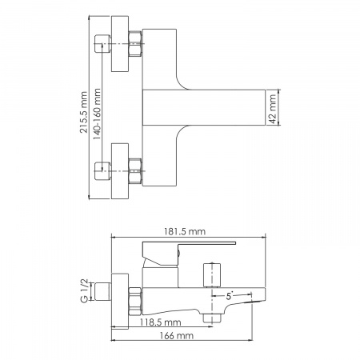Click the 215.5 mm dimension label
tap(84, 112)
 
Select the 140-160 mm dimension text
tap(97, 114)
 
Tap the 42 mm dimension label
tap(273, 109)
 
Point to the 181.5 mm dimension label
tap(185, 231)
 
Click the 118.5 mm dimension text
tap(161, 322)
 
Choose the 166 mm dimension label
tap(177, 335)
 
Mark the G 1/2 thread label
tap(84, 290)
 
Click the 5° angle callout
tap(230, 296)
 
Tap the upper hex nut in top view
tap(135, 44)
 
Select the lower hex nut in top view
tap(135, 171)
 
